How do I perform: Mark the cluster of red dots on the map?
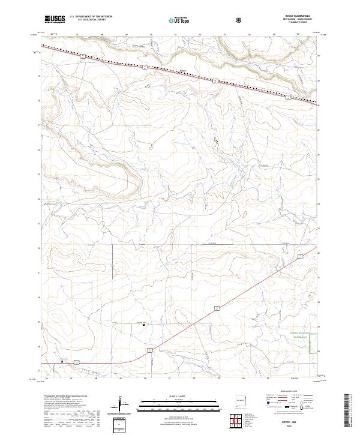pos(214,139)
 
